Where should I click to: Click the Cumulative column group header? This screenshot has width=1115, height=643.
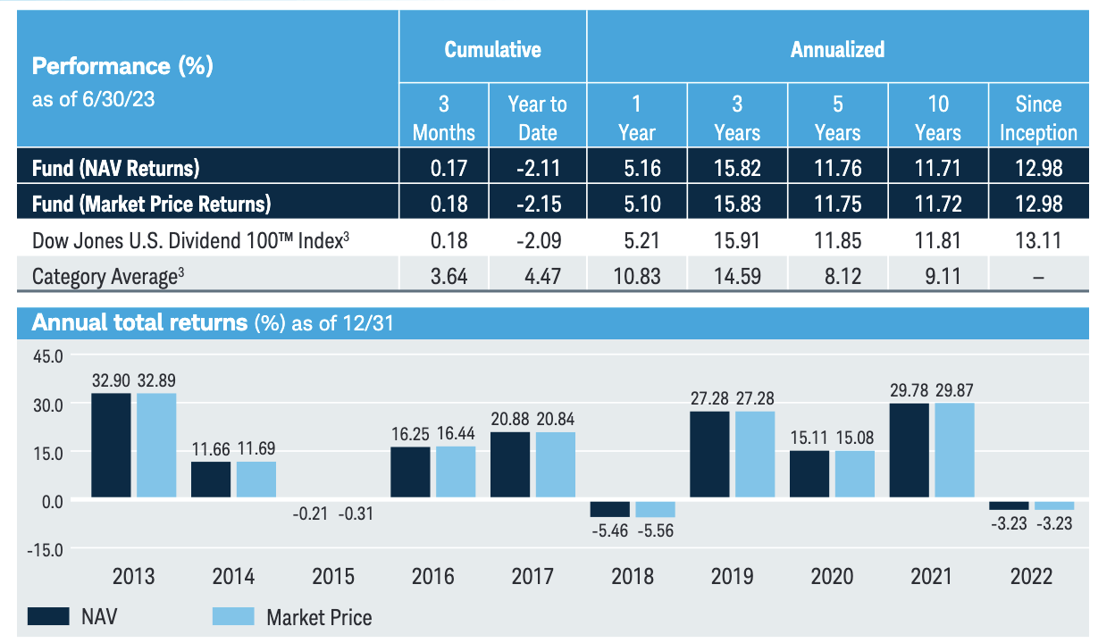(492, 49)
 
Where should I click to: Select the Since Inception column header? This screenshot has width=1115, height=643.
(1038, 119)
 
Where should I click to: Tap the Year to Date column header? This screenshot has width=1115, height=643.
(537, 119)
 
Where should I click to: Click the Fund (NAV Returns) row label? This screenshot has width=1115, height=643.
(115, 167)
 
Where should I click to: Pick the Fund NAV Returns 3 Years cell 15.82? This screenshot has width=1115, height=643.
(737, 167)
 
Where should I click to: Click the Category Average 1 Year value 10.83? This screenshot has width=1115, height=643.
(637, 276)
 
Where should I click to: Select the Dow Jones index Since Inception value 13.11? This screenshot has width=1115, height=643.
(1038, 240)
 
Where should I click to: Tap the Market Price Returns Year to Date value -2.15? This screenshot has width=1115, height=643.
(537, 204)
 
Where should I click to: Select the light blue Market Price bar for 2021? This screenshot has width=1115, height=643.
(954, 450)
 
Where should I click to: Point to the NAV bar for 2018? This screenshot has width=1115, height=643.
(610, 508)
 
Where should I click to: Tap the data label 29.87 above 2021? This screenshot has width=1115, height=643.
(954, 390)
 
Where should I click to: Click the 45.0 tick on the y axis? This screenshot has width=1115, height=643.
(47, 355)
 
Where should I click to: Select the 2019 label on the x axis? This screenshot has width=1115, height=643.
(732, 576)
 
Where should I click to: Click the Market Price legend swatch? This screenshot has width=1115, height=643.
(233, 615)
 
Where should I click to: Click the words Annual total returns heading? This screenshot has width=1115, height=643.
(138, 322)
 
